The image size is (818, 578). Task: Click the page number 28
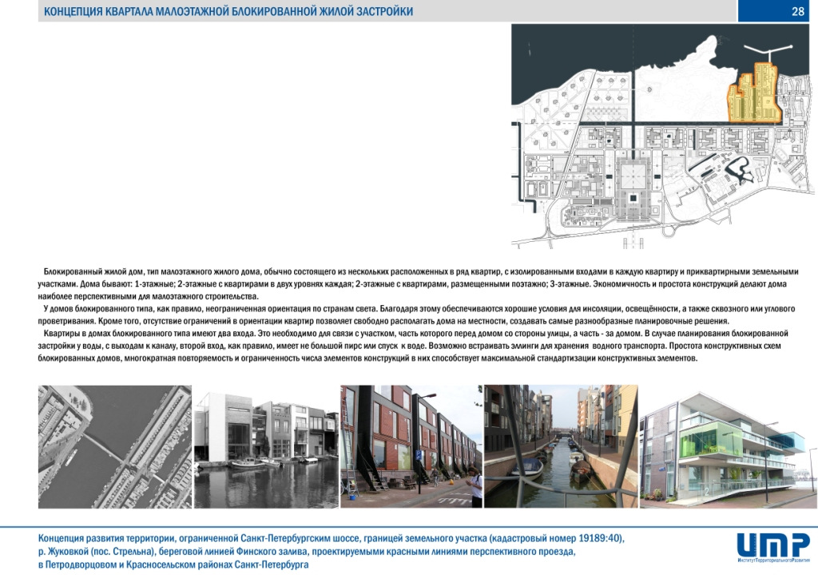pyautogui.click(x=797, y=11)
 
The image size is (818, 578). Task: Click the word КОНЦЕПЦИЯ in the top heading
pyautogui.click(x=73, y=11)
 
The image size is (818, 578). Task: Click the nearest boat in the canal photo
pyautogui.click(x=527, y=467)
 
